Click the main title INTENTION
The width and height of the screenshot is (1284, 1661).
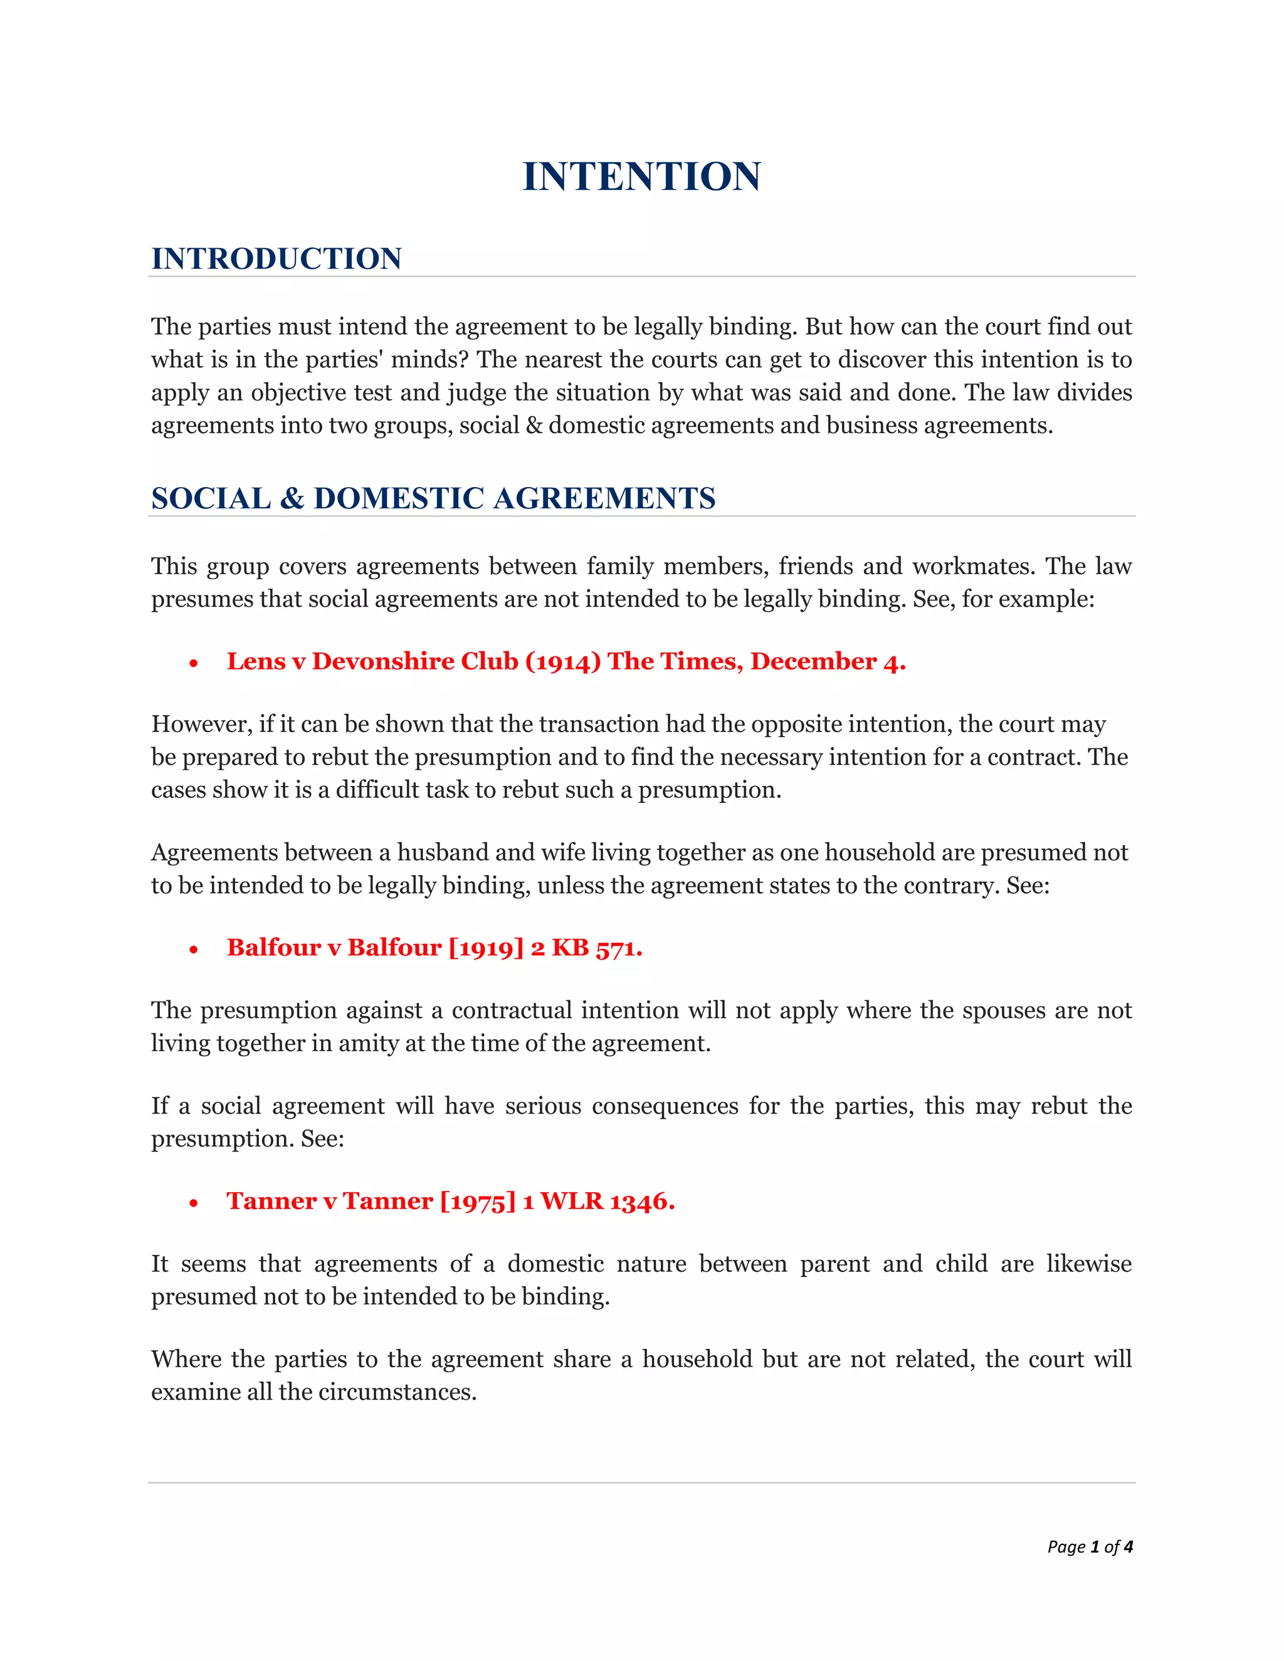point(641,177)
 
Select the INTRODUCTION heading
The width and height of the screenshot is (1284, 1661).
point(276,259)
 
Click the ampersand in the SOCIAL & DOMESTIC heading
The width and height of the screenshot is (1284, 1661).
point(292,499)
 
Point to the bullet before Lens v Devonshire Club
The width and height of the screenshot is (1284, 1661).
point(194,663)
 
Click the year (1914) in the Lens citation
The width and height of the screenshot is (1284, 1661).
point(563,662)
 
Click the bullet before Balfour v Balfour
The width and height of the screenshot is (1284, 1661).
point(194,949)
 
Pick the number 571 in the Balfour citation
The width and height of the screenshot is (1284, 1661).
point(618,948)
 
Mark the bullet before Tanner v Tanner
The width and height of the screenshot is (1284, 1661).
point(194,1202)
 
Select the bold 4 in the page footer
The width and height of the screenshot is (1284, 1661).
point(1128,1546)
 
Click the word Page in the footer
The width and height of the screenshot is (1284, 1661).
point(1066,1547)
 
